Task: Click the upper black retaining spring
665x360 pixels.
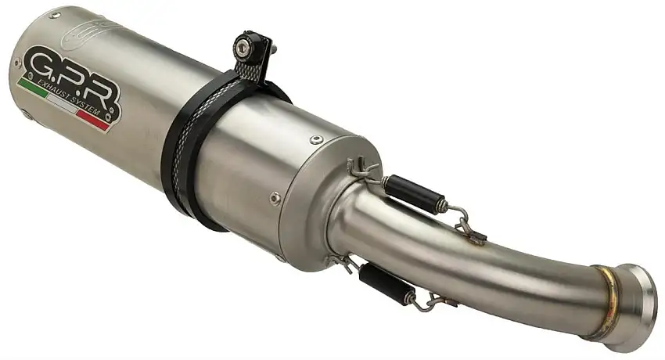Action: [x=407, y=190]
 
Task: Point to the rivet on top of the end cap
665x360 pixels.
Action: [x=315, y=141]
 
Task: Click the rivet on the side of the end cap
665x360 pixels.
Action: [x=275, y=198]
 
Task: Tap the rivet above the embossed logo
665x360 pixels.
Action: [x=55, y=16]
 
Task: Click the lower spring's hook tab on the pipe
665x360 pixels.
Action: [x=447, y=301]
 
